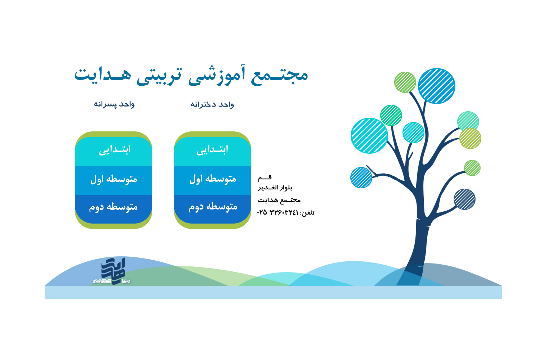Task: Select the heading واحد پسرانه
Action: coord(114,104)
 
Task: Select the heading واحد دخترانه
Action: coord(212,105)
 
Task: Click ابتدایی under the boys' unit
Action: coord(115,150)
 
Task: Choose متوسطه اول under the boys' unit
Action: coord(114,179)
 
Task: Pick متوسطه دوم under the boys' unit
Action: coord(113,207)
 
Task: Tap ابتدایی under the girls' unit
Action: coord(212,150)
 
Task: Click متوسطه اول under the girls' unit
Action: coord(213,179)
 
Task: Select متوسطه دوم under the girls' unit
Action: coord(213,207)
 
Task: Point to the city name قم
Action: coord(265,178)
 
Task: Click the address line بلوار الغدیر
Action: coord(275,188)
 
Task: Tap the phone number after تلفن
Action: coord(278,212)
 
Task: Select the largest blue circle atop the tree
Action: coord(436,86)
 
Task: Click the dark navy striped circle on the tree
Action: coord(464,199)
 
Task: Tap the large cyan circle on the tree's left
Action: coord(369,135)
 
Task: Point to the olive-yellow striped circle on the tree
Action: coord(470,138)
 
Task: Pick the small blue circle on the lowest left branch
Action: coord(361,177)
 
